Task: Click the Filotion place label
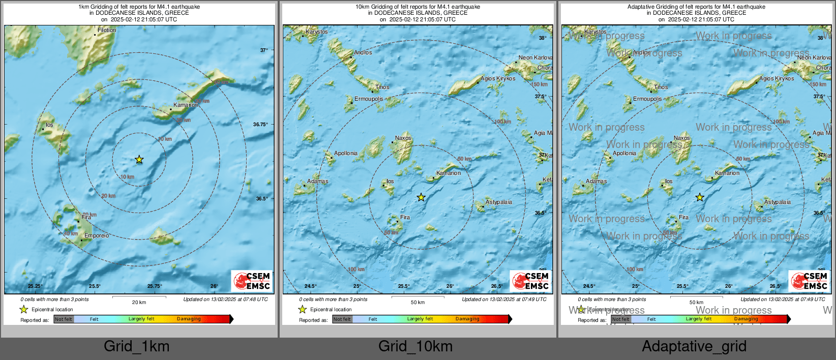107,31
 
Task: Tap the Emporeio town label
97,236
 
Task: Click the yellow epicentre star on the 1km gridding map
139,160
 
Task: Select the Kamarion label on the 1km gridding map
186,105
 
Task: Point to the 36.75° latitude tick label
260,125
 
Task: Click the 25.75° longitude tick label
155,286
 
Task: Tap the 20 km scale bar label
139,303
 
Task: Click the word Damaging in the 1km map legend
189,319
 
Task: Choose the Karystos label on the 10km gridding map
316,32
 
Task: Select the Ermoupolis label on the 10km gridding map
369,99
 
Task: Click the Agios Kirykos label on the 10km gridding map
498,79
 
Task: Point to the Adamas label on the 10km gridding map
318,182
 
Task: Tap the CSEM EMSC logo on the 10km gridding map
530,281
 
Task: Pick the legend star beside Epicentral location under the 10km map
303,309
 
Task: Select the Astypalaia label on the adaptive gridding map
778,202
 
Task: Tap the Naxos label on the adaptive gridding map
682,138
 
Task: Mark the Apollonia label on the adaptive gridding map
624,154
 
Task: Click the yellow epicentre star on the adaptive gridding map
700,197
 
